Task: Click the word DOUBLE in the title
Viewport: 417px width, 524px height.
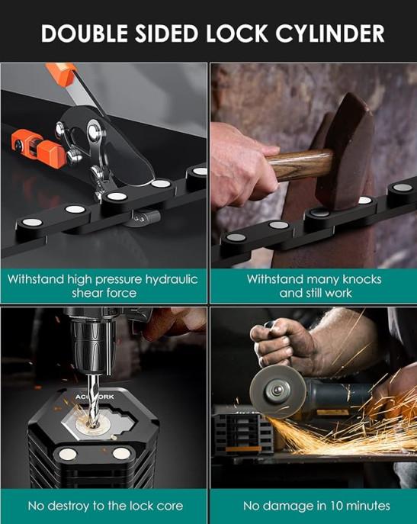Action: [85, 34]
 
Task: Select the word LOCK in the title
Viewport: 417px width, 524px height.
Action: [237, 34]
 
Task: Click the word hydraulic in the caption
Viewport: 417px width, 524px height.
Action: [171, 280]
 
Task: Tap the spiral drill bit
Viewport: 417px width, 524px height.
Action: [92, 400]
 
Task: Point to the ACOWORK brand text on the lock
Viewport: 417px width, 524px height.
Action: [95, 397]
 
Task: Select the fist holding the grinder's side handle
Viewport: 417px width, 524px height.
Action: [284, 344]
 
